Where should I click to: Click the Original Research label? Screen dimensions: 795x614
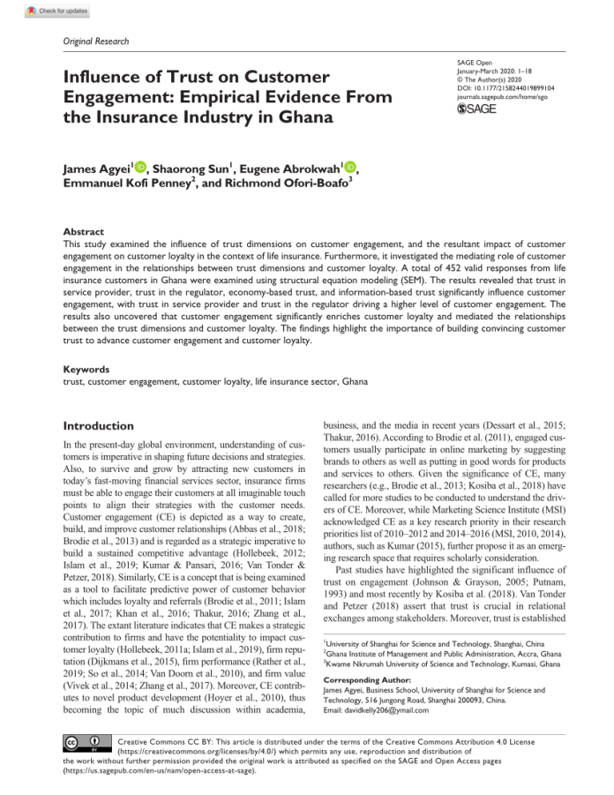pyautogui.click(x=96, y=41)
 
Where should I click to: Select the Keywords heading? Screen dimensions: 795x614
pyautogui.click(x=86, y=370)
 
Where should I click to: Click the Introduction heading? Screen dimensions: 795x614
pyautogui.click(x=99, y=425)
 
